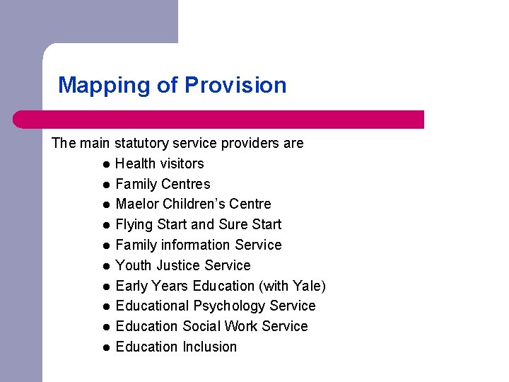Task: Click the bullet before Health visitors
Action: click(x=105, y=164)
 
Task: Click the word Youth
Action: click(x=133, y=265)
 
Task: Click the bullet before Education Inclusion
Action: click(x=105, y=347)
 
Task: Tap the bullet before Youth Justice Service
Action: click(x=105, y=266)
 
